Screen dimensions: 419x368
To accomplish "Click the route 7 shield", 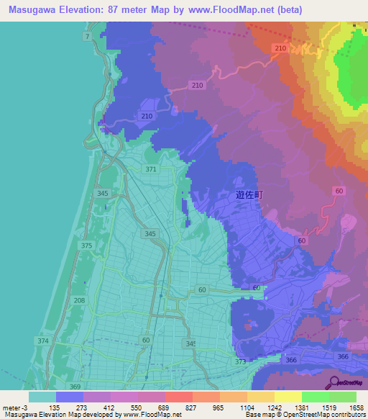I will (x=88, y=36).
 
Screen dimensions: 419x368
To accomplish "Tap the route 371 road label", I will (x=150, y=169).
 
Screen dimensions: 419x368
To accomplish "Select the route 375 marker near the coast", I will (x=87, y=246).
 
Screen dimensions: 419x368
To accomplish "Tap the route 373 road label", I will (x=240, y=361).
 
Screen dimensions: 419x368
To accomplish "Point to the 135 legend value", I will (x=54, y=407).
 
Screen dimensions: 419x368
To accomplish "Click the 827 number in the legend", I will (x=191, y=407).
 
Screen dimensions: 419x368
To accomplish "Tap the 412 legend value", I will (x=109, y=407).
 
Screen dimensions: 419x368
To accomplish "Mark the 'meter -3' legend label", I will (x=14, y=407).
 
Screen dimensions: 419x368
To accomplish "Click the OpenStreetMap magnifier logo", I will (x=334, y=382).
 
